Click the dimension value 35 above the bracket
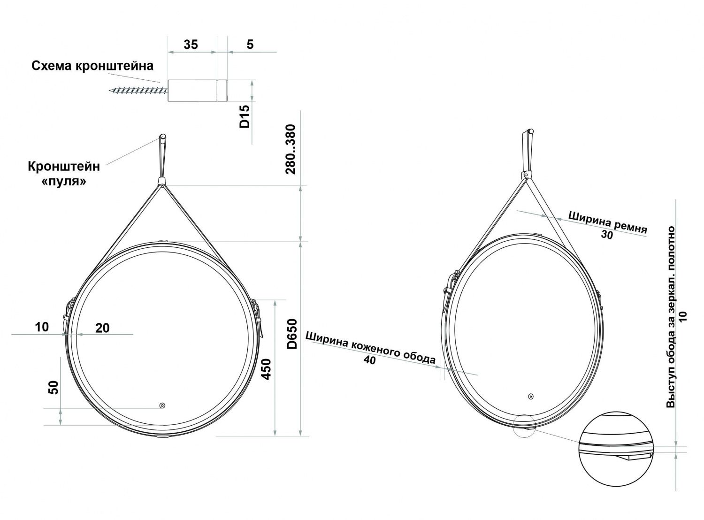coord(191,45)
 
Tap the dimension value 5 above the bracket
coord(250,45)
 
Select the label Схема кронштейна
coord(92,66)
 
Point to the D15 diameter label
coord(245,116)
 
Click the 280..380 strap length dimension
coord(291,149)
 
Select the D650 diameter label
coord(292,334)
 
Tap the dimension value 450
coord(266,369)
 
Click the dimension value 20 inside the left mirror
coord(102,328)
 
